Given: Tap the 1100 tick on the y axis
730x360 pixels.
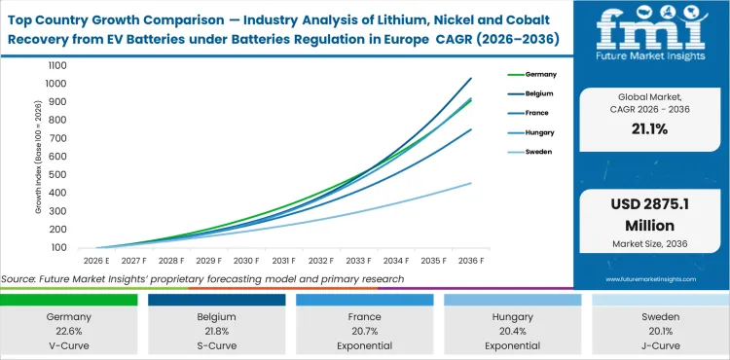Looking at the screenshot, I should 55,65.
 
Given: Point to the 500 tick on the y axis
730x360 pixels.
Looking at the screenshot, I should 56,175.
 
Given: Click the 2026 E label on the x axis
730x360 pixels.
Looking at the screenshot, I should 94,261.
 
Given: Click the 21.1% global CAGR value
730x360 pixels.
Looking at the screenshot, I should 649,129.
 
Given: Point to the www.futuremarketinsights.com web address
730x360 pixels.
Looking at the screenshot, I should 649,277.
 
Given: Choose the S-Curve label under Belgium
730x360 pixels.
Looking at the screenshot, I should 218,344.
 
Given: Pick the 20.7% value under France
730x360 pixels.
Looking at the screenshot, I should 365,332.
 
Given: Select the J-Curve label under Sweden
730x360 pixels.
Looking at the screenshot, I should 657,344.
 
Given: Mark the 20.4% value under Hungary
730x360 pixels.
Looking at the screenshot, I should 511,332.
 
